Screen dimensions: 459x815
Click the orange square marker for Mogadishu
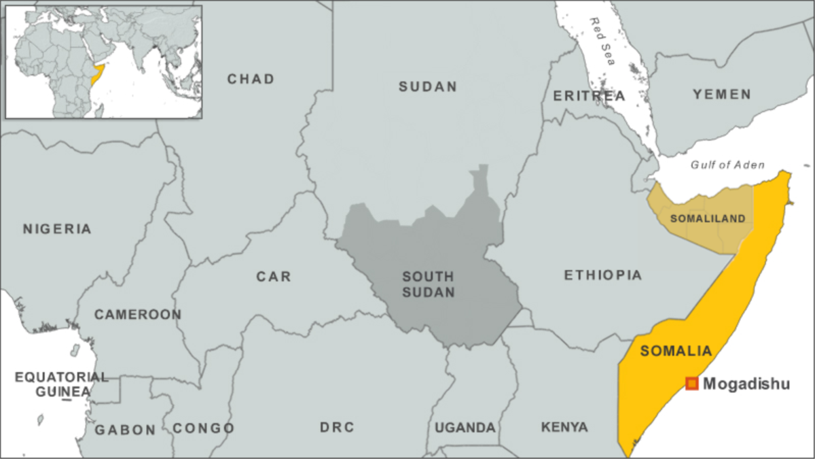click(x=691, y=384)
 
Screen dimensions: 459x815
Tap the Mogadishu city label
click(x=746, y=384)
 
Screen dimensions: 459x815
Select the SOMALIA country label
click(x=676, y=352)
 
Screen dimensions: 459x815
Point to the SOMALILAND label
click(x=707, y=218)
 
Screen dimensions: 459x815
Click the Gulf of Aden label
click(x=727, y=165)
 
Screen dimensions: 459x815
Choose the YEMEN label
click(x=722, y=95)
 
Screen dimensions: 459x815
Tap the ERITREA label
click(x=589, y=96)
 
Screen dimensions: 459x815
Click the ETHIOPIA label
click(x=602, y=275)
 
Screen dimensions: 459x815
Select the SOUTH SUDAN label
click(x=428, y=284)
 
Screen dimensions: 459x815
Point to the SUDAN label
click(x=428, y=86)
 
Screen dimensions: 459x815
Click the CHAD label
click(x=251, y=79)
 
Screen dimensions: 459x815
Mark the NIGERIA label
click(x=57, y=229)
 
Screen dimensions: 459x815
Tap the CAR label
click(x=274, y=277)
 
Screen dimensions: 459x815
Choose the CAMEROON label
click(x=138, y=315)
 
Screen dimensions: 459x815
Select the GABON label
click(x=125, y=430)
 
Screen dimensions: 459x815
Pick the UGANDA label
click(x=465, y=428)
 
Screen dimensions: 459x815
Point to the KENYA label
click(x=564, y=428)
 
